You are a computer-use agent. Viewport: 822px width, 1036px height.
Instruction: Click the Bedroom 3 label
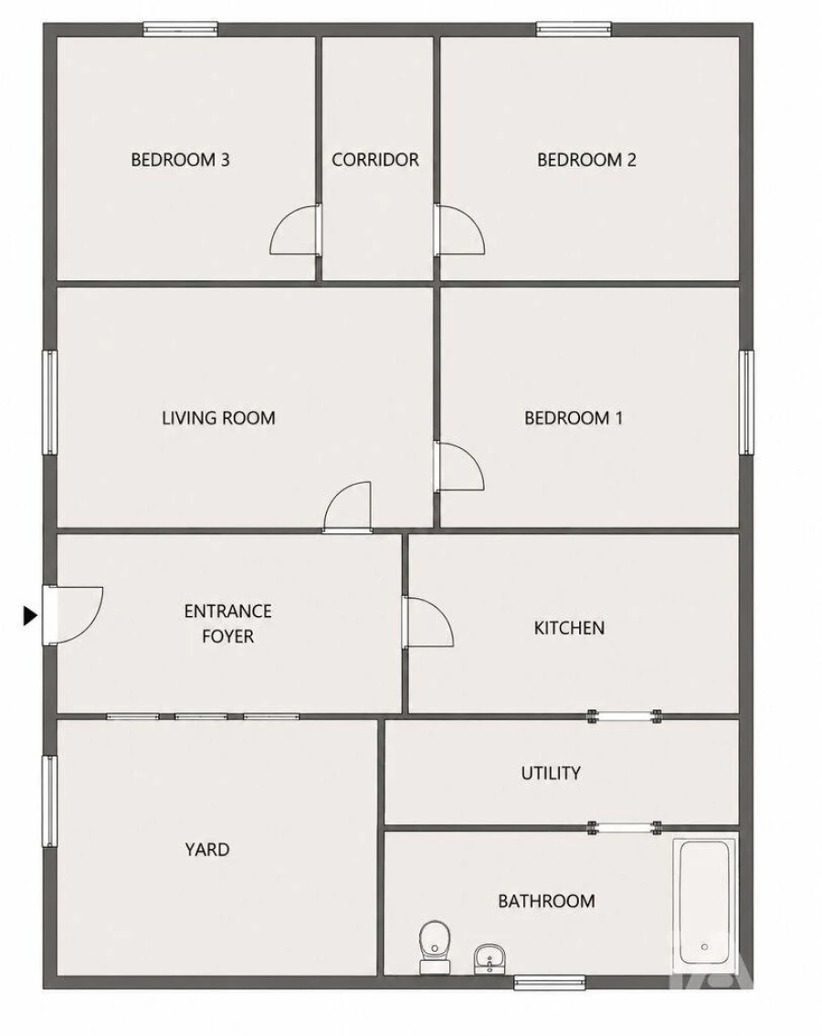tap(180, 160)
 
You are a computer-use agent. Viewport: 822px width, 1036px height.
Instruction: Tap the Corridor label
tap(375, 160)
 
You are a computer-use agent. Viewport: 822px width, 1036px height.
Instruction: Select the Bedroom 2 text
tap(586, 160)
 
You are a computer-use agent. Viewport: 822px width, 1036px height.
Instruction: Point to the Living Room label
tap(218, 417)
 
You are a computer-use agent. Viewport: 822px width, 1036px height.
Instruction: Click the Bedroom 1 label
tap(574, 417)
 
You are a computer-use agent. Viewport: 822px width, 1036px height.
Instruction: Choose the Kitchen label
tap(569, 628)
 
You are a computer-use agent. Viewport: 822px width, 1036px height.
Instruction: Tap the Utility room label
tap(551, 773)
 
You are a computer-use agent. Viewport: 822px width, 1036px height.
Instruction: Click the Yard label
tap(207, 850)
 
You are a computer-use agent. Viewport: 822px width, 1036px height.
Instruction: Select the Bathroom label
tap(546, 901)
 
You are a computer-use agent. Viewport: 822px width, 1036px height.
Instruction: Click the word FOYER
tap(228, 636)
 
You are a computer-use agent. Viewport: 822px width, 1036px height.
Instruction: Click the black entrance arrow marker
tap(30, 616)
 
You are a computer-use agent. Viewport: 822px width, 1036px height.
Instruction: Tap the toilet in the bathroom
tap(435, 947)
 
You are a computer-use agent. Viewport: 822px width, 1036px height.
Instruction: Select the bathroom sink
tap(490, 958)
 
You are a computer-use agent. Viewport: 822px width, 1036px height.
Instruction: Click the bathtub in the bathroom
tap(704, 904)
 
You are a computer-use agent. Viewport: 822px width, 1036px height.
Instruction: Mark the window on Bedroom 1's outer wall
tap(746, 402)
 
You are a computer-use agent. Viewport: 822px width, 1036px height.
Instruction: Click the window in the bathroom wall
tap(550, 982)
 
